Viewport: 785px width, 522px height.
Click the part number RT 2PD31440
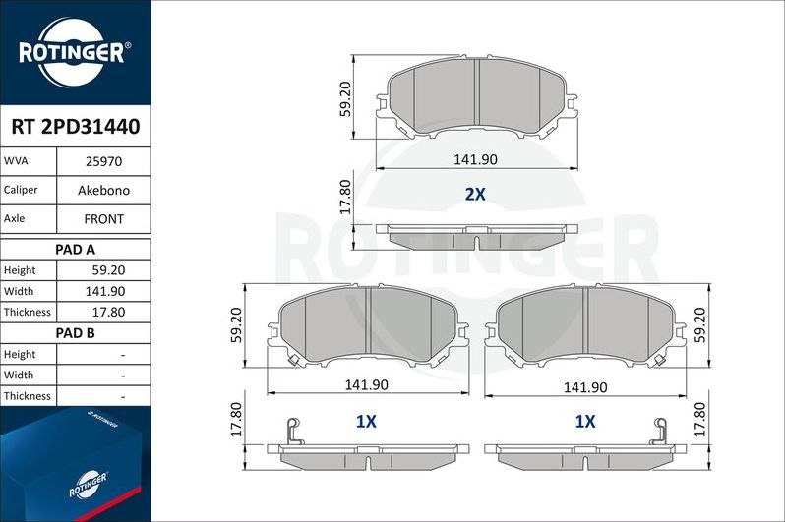click(75, 127)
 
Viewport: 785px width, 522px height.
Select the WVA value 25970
click(103, 160)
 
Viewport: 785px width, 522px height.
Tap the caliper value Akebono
click(103, 189)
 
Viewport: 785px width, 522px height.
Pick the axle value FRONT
click(103, 218)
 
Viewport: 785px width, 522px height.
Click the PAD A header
click(75, 249)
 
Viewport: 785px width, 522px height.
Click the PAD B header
click(75, 333)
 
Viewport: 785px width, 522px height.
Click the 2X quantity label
click(475, 195)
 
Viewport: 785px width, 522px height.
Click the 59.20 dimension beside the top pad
click(345, 99)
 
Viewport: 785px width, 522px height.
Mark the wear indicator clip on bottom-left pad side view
click(290, 430)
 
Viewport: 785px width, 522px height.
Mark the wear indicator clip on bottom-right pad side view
click(660, 430)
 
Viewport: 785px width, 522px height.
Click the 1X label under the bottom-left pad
click(366, 422)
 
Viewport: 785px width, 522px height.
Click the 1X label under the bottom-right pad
click(585, 422)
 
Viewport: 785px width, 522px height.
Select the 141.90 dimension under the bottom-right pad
click(585, 387)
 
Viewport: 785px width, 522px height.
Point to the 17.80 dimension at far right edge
click(698, 420)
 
